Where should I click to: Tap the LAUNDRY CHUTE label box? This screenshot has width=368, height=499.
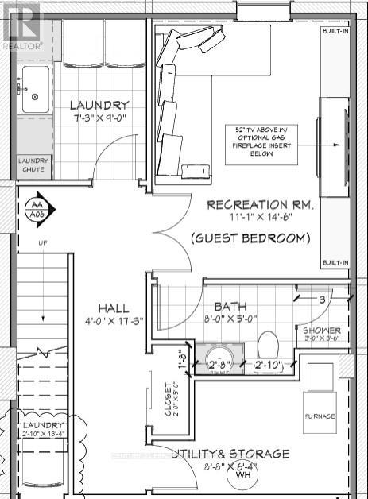pos(33,165)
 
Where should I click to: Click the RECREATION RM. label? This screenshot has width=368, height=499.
pos(259,204)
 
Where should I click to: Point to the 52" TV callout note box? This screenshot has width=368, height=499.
pos(263,145)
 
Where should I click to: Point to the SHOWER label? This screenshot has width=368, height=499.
pos(321,331)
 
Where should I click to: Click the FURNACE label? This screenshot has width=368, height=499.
pos(320,416)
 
